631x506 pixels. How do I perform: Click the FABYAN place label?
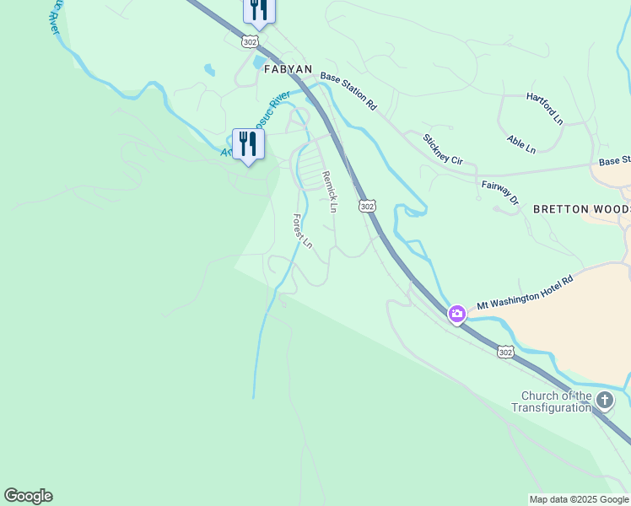(x=288, y=69)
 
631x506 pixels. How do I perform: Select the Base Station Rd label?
(x=348, y=92)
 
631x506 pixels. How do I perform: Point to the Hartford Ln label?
(x=545, y=109)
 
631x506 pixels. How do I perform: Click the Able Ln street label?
(x=520, y=143)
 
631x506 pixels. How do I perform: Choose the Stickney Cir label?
(x=443, y=148)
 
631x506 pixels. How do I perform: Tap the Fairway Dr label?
(x=499, y=193)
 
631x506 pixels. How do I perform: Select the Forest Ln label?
(x=302, y=230)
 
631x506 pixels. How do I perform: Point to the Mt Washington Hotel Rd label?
(x=525, y=292)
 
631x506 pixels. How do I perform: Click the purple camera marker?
(x=456, y=315)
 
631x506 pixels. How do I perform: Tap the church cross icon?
(x=604, y=401)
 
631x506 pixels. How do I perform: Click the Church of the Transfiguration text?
(x=556, y=401)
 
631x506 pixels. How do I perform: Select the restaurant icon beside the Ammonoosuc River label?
(x=248, y=144)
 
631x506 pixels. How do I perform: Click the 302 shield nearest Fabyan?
(x=249, y=40)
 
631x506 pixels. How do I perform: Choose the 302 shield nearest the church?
(x=504, y=353)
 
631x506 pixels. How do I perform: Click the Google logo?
(x=28, y=496)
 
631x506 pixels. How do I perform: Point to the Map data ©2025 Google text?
(x=580, y=499)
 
